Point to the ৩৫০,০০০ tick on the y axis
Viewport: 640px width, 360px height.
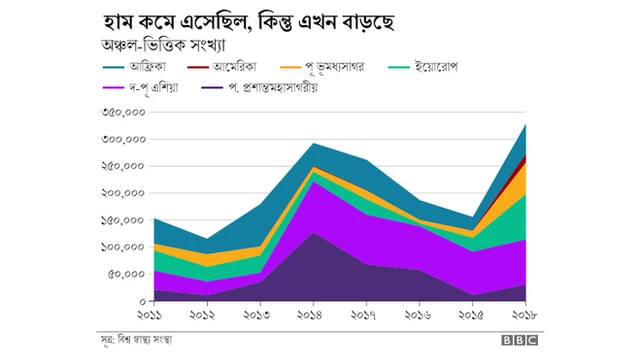(124, 113)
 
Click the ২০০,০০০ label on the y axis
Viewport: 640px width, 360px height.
(124, 193)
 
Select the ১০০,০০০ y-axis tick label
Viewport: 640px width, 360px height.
(124, 247)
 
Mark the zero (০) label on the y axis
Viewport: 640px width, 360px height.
(143, 301)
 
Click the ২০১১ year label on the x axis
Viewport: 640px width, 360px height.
(155, 316)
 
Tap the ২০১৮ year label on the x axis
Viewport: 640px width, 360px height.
(524, 316)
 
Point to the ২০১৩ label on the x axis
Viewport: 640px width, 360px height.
(260, 316)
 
